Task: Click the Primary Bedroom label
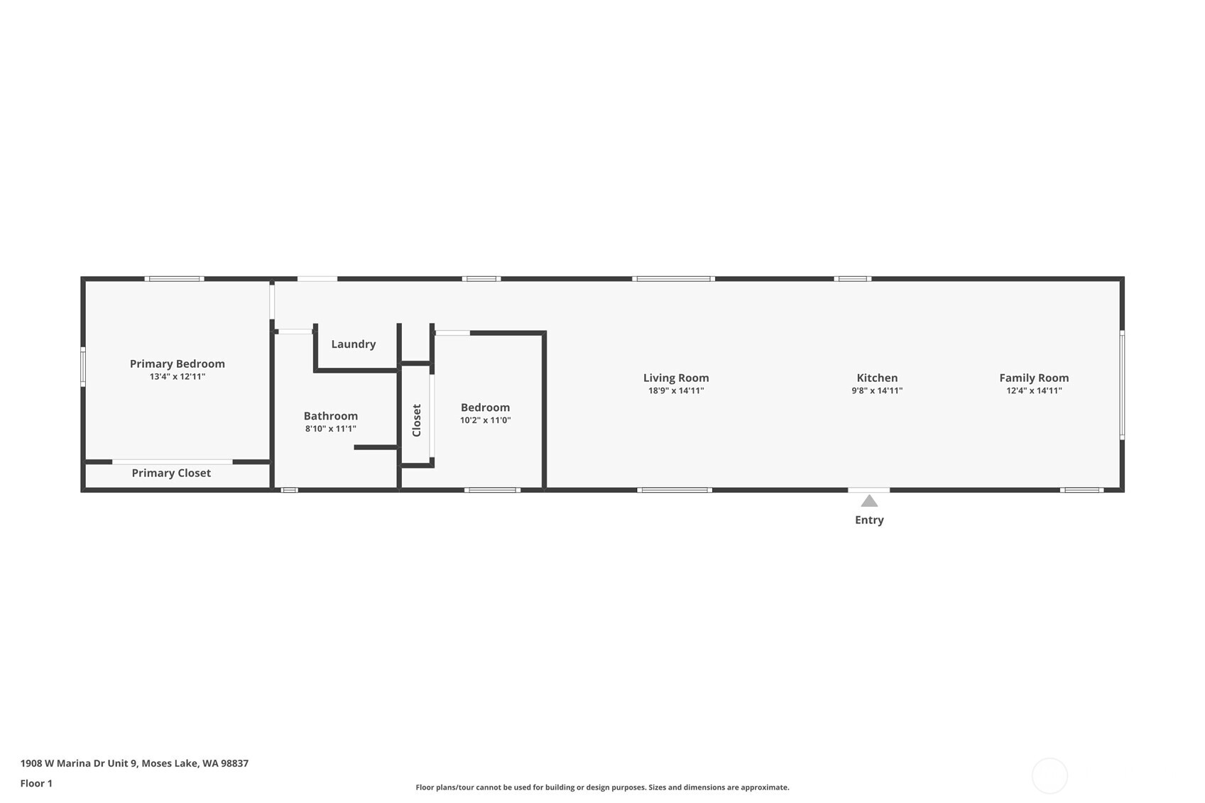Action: coord(177,364)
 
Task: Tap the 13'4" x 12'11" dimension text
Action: coord(177,377)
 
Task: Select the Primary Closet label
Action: coord(171,473)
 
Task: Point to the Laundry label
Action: coord(353,344)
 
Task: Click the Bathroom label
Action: coord(330,416)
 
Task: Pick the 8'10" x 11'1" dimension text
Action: coord(330,429)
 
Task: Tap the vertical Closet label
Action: coord(417,420)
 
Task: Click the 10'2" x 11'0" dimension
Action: coord(485,420)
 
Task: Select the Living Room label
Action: coord(675,378)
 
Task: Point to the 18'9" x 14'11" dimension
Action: coord(675,390)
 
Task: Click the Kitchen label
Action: coord(877,378)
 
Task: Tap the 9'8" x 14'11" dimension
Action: coord(877,390)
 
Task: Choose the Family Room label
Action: coord(1033,378)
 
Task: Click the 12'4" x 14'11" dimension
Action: coord(1033,390)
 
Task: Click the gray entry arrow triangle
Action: coord(869,501)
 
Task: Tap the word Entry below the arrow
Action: coord(869,520)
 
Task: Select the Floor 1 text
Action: coord(36,783)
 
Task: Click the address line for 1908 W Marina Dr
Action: coord(134,763)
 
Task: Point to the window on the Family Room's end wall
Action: coord(1122,384)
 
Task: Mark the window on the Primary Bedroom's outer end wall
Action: coord(83,366)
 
